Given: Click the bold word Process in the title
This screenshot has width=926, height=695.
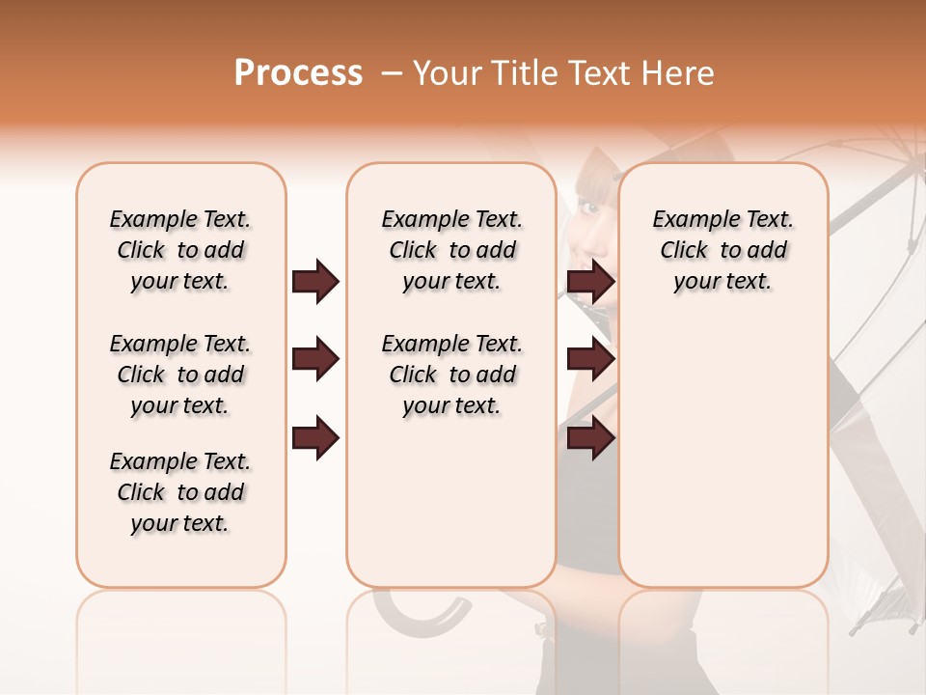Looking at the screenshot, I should [298, 73].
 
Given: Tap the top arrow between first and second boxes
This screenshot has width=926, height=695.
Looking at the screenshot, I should [315, 282].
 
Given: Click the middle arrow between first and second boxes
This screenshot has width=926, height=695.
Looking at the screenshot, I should [315, 360].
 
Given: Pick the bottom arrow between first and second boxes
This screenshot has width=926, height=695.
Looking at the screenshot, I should [315, 437].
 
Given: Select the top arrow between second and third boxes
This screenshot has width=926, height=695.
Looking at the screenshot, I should [590, 282].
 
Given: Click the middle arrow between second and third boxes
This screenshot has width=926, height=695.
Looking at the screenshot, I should [590, 360].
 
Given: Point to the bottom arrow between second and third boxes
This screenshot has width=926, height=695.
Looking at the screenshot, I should [590, 437].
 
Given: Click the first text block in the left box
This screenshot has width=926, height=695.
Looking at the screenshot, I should [180, 250].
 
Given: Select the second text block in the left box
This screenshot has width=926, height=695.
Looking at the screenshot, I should [180, 375].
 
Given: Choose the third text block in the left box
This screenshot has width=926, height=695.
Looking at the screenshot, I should [180, 492].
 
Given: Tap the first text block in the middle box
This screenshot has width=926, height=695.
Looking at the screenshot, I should [452, 250].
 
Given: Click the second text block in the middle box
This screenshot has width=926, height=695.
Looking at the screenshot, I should [452, 375].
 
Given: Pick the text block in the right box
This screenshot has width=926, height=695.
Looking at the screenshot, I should [723, 250].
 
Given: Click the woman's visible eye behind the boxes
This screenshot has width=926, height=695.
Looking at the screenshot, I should [588, 208].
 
